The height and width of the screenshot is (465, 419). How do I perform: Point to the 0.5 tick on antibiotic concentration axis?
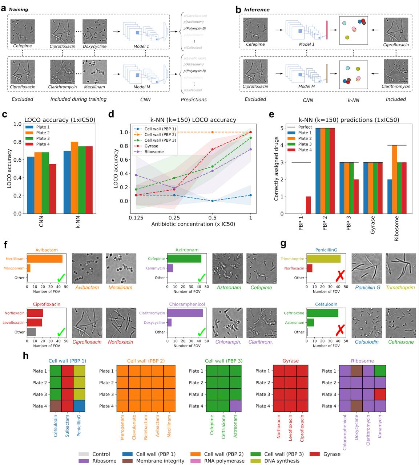(x=212, y=217)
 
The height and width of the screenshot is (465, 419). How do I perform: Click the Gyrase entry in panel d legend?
(x=151, y=146)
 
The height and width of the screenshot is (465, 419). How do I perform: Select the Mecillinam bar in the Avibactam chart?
(x=45, y=259)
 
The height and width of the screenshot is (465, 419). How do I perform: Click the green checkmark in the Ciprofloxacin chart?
(x=61, y=332)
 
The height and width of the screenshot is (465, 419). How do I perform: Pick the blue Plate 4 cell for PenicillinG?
(x=79, y=406)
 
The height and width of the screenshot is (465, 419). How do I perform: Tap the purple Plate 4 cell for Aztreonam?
(x=235, y=406)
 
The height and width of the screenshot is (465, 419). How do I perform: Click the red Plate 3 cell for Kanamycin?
(x=380, y=394)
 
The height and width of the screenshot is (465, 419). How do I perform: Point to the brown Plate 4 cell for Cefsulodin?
(x=56, y=406)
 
